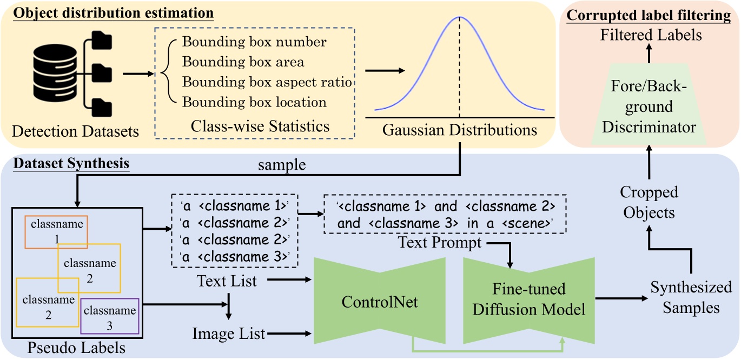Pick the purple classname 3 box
pos(110,317)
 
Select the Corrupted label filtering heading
pos(649,15)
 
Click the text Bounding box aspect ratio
pos(267,82)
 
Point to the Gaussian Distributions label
pos(459,130)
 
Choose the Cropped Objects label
pos(649,202)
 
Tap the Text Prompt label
pos(440,243)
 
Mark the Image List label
pos(229,334)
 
